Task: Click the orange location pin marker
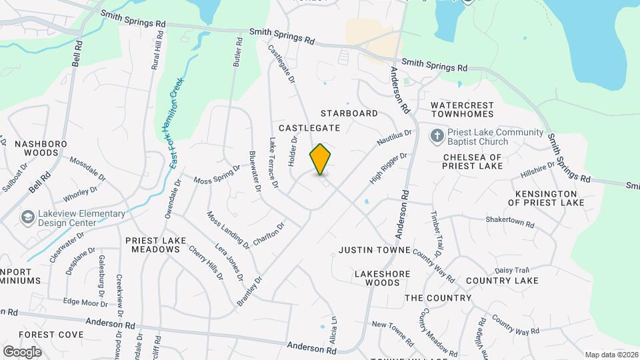pyautogui.click(x=321, y=159)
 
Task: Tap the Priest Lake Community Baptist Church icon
pyautogui.click(x=437, y=137)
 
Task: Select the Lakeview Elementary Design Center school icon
pyautogui.click(x=28, y=217)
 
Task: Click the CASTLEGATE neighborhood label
pyautogui.click(x=309, y=127)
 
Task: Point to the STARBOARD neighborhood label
pyautogui.click(x=349, y=114)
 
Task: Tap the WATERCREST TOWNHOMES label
pyautogui.click(x=462, y=110)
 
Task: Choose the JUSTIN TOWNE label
pyautogui.click(x=373, y=251)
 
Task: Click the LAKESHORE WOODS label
pyautogui.click(x=377, y=278)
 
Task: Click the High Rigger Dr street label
pyautogui.click(x=388, y=169)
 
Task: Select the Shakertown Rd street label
pyautogui.click(x=510, y=222)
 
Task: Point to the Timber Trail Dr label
pyautogui.click(x=436, y=233)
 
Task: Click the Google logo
pyautogui.click(x=22, y=352)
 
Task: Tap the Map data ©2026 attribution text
pyautogui.click(x=611, y=355)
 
